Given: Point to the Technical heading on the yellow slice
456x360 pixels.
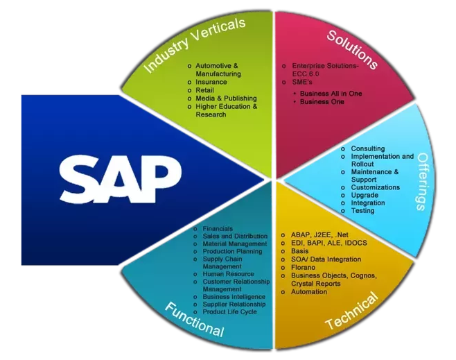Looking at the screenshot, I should (351, 311).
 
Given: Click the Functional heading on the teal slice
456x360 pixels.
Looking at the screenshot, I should (193, 318).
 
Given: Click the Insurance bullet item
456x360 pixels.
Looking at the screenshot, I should (211, 82).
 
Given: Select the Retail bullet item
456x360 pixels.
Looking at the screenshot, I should (204, 90).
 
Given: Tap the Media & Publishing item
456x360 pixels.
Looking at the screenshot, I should (226, 98).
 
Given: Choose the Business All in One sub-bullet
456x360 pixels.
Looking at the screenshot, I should (331, 94).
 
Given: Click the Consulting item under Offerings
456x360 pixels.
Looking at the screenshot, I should (367, 148).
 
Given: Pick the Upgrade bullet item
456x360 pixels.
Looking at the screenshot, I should (365, 195).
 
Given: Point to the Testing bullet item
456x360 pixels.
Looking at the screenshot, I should (362, 210).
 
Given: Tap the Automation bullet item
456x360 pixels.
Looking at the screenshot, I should (309, 291).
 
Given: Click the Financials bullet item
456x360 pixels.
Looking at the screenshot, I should (218, 229).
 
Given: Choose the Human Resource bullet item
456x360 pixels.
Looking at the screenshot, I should (228, 274).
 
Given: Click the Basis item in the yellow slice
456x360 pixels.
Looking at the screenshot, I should (300, 251).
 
